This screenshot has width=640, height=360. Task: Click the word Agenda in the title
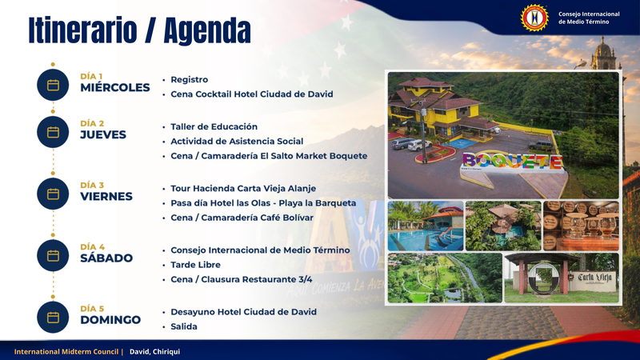coord(207,30)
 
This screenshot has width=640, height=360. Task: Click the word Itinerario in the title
coord(83,30)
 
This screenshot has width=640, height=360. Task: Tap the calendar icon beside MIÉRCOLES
coord(53,85)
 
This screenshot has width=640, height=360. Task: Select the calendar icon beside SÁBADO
coord(53,255)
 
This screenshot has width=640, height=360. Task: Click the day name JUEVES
coord(103,134)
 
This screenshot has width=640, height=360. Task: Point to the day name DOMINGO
coord(110,319)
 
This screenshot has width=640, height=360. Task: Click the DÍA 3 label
coord(92,186)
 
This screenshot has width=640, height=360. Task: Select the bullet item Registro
coord(190,79)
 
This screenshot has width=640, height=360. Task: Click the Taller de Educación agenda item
coord(214,126)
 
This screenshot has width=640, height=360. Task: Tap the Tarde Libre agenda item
coord(195,265)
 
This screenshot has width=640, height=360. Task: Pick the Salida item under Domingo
coord(184,326)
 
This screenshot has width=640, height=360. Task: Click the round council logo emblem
coord(534,18)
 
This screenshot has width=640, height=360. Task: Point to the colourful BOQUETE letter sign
coord(513,161)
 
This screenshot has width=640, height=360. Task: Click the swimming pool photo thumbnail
coord(426,226)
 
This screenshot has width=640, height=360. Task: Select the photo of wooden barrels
coord(581,226)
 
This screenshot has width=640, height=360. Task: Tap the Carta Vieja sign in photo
coord(594,278)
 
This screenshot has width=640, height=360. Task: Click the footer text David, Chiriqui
coord(154,351)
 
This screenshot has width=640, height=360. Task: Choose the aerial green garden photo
coord(445,278)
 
